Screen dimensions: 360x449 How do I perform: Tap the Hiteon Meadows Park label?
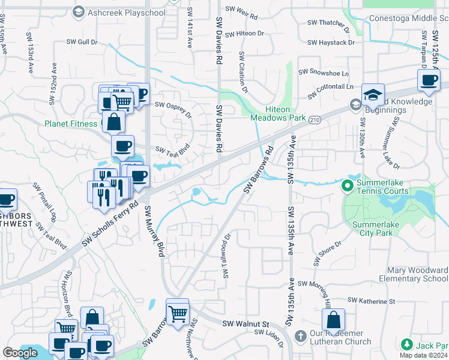point(286,114)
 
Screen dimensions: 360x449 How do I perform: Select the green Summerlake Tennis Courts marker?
point(347,186)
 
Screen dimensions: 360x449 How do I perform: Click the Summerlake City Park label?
point(381,229)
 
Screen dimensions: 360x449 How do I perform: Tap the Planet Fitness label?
point(71,124)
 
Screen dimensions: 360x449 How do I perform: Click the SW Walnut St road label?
point(245,324)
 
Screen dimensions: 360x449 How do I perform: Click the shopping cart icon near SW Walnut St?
point(178,313)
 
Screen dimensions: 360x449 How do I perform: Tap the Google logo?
point(20,353)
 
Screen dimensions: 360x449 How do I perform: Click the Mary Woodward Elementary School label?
point(413,275)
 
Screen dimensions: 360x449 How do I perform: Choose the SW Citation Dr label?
point(244,72)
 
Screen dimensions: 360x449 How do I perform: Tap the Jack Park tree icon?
point(406,345)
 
